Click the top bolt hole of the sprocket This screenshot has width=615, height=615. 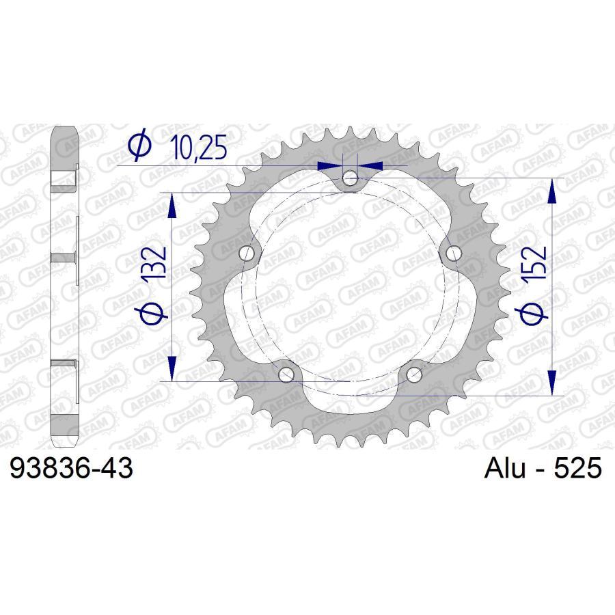(351, 178)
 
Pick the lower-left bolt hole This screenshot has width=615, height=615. (287, 374)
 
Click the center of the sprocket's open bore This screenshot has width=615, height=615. (351, 287)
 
